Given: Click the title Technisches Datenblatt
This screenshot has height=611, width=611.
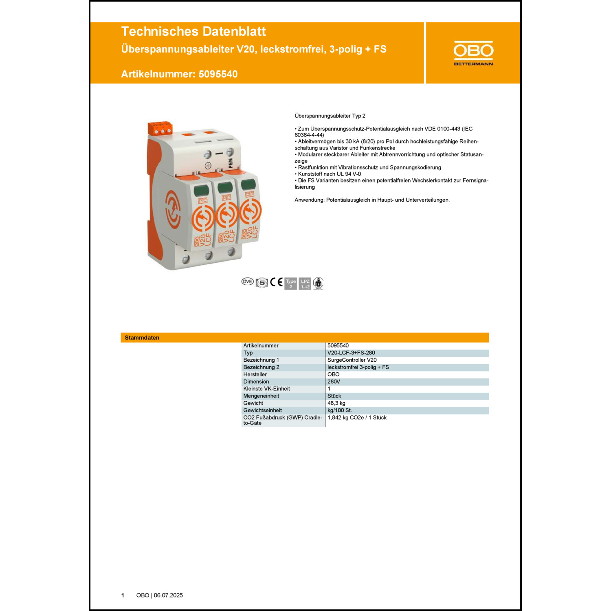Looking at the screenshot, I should [x=193, y=31].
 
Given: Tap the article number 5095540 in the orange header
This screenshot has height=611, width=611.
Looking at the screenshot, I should [x=218, y=74].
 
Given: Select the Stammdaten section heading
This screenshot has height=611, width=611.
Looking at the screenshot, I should [x=142, y=338].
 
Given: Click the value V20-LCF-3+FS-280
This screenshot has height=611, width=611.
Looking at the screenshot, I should [x=351, y=353].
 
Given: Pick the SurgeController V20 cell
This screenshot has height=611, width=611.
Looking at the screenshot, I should [x=352, y=360].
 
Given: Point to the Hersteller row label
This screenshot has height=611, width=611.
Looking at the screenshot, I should [x=255, y=374].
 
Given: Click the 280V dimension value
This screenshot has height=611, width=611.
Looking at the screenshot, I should [x=334, y=382].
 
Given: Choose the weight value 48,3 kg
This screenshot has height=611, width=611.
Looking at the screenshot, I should [x=336, y=403].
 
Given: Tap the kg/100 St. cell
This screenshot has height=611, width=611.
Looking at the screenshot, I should [x=340, y=410].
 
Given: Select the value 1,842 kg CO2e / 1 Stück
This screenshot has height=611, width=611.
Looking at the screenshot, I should [x=357, y=418].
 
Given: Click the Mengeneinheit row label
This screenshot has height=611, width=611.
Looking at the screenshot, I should [x=261, y=396].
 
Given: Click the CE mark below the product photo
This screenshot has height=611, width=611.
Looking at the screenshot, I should [x=277, y=282].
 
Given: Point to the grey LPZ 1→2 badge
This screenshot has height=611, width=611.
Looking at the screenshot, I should [x=305, y=284].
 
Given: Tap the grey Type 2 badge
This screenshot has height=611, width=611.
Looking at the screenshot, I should [x=291, y=284].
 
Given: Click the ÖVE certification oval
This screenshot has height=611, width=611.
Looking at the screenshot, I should [x=247, y=282].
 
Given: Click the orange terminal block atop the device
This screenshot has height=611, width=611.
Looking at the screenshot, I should [x=160, y=128].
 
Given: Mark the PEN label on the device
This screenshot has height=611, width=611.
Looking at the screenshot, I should [x=231, y=163].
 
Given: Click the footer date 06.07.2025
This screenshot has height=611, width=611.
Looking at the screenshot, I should [x=168, y=595].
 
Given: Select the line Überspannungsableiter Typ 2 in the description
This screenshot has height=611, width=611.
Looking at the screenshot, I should [x=330, y=116].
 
